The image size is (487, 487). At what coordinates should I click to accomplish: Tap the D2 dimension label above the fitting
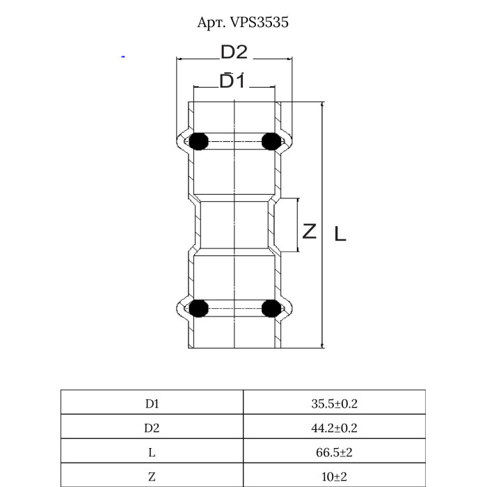pos(234,52)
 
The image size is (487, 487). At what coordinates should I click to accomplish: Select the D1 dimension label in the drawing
pos(232,81)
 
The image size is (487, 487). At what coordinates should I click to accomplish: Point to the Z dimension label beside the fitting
pos(309,231)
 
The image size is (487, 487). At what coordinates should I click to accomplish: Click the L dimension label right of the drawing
pos(340,234)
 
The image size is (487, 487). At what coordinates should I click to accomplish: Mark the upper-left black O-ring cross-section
pos(199,141)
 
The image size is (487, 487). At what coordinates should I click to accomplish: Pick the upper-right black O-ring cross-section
pos(271,141)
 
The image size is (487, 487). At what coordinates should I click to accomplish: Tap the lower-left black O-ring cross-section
pos(199,308)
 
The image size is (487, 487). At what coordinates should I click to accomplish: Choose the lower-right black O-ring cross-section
pos(271,308)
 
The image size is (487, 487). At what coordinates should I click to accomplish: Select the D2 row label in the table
pos(152,428)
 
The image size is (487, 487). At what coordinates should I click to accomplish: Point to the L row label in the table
pos(152,452)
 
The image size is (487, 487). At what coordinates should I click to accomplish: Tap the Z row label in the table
pos(152,477)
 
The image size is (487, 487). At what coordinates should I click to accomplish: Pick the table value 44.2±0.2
pos(334,428)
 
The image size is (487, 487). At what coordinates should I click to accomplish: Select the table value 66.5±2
pos(334,452)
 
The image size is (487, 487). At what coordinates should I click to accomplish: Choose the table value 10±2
pos(334,477)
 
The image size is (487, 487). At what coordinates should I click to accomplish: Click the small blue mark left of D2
pos(123,57)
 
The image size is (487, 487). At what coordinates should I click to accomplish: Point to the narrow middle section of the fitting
pos(234,226)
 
